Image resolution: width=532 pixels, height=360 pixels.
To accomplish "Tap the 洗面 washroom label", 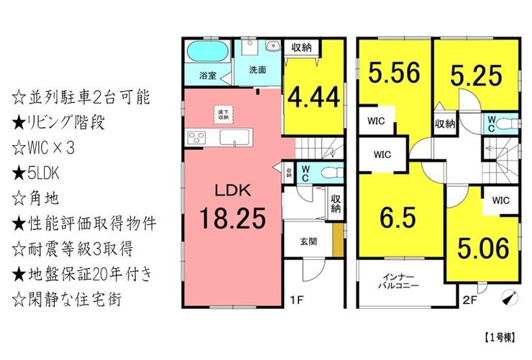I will pos(257,70).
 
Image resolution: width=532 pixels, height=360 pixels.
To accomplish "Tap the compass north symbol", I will pos(509,296).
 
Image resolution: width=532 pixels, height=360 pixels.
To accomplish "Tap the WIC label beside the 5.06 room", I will pos(501,202).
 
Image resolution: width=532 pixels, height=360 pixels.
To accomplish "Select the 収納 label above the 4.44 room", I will pos(302,48).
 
